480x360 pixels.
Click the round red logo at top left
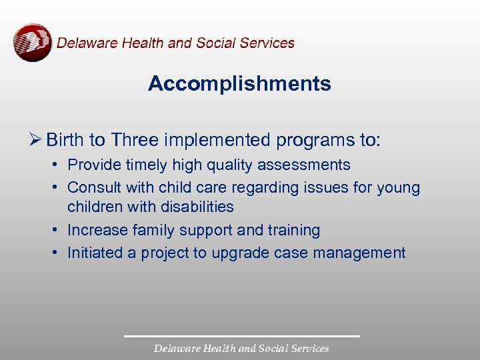pyautogui.click(x=32, y=43)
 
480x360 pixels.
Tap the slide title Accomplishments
pyautogui.click(x=239, y=84)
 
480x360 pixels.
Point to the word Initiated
pyautogui.click(x=93, y=253)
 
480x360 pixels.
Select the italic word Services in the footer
pyautogui.click(x=307, y=348)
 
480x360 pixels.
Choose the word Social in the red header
pyautogui.click(x=214, y=43)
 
